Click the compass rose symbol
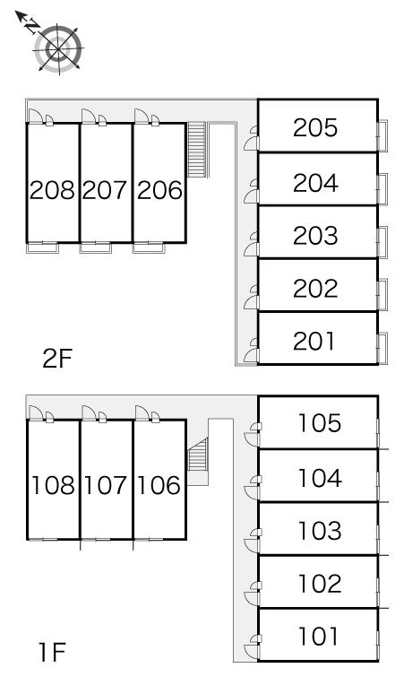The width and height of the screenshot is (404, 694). tap(58, 48)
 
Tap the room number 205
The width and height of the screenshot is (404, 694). tap(315, 128)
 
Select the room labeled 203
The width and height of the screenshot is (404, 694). tap(315, 236)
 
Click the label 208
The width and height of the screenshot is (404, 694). tap(52, 190)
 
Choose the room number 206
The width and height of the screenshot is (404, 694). tap(159, 190)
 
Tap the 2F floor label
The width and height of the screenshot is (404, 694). tap(57, 359)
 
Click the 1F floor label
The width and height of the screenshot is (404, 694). tap(53, 653)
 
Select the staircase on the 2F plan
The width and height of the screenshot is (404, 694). tap(197, 149)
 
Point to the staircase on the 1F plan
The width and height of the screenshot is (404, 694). tap(198, 455)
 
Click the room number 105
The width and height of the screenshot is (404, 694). tap(320, 423)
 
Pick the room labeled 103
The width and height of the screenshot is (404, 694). tap(320, 531)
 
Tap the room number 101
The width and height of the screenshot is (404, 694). tap(318, 637)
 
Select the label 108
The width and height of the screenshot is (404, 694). tap(53, 486)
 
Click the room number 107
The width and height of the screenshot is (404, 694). tap(106, 486)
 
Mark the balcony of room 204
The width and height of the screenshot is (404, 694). tap(383, 189)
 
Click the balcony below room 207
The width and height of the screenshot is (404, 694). tap(96, 247)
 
